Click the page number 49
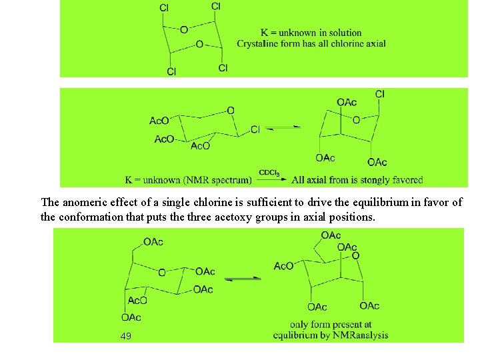click(126, 335)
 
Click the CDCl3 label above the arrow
click(269, 172)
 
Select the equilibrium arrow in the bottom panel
click(243, 279)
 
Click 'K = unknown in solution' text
click(311, 33)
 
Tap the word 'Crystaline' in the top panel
click(257, 44)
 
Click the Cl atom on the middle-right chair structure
click(380, 94)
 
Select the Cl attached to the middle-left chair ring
click(255, 129)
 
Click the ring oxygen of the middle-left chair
click(231, 111)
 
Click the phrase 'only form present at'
click(331, 325)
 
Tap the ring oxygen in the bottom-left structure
click(162, 273)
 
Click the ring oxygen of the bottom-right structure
click(355, 256)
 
